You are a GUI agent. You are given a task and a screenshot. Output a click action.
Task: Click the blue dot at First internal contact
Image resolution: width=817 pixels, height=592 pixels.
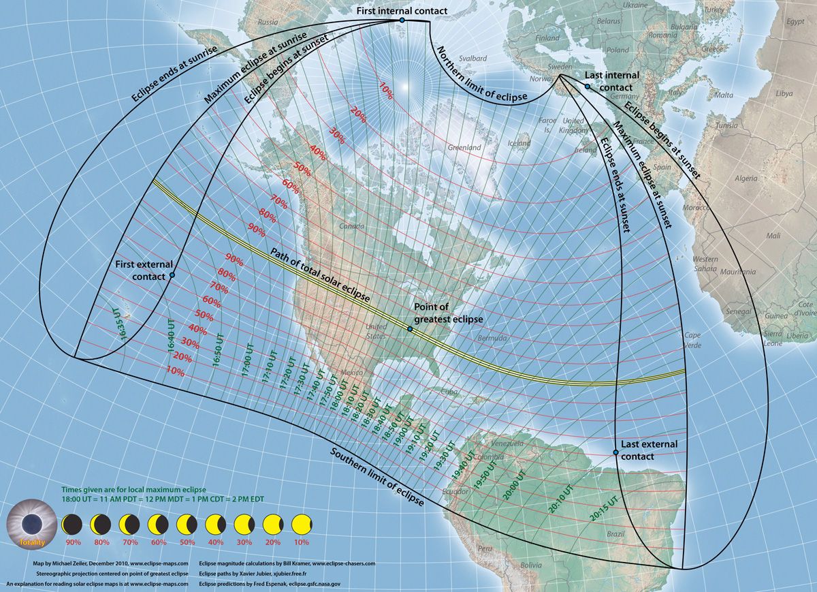pos(402,20)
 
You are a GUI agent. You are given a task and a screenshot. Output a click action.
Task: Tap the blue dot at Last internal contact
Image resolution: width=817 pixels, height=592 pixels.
pos(587,87)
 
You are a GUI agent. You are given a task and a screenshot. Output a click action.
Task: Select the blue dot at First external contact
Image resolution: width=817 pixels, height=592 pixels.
pos(172,275)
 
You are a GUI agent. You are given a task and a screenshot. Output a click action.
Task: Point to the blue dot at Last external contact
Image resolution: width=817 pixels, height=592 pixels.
pos(615,452)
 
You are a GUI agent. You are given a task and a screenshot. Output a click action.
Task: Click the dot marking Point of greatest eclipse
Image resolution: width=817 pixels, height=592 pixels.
pos(410,329)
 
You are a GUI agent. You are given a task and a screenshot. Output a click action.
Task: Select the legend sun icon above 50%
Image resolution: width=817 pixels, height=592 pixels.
pos(186,525)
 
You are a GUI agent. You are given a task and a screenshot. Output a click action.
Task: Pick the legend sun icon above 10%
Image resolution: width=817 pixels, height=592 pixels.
pos(300,525)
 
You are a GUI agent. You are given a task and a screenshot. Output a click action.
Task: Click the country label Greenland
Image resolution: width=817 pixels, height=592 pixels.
pos(464,147)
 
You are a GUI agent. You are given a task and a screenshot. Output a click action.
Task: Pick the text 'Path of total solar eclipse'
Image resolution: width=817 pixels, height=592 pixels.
pos(320,275)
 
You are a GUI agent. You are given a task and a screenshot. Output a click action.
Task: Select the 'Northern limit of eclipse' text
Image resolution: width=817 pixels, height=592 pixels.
pos(481,76)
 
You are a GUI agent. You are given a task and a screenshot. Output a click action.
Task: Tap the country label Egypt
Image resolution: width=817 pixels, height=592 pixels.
pos(795,21)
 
